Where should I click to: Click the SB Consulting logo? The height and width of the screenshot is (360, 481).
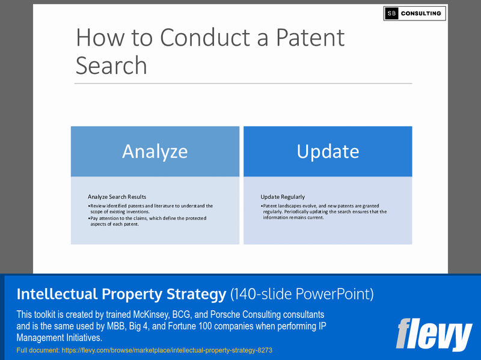coord(414,13)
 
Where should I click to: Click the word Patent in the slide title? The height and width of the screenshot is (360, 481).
coord(310,38)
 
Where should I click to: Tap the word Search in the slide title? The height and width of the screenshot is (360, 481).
coord(111,65)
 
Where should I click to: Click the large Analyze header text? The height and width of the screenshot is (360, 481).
coord(155,151)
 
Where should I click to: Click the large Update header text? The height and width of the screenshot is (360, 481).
coord(328,151)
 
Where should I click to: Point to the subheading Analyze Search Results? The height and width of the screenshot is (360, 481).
coord(117,197)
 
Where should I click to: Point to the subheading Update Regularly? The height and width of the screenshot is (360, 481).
coord(283,197)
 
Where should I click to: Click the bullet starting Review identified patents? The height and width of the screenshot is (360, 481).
coord(150,209)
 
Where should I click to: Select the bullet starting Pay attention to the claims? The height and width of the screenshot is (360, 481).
coord(147,221)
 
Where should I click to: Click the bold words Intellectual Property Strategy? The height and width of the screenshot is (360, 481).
coord(121,294)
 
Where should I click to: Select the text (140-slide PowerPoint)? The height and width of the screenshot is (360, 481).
coord(302,294)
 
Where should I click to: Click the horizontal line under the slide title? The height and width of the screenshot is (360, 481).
coord(244,83)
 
